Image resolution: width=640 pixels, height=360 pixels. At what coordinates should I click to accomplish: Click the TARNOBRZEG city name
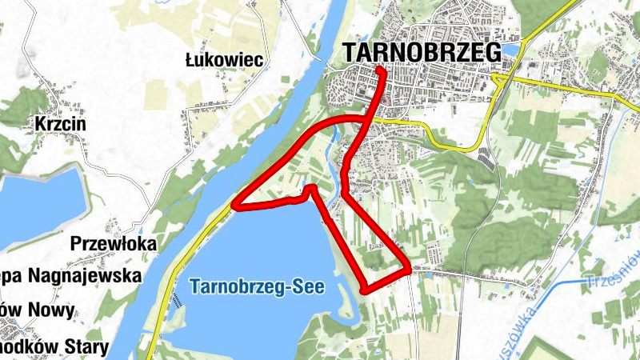422,51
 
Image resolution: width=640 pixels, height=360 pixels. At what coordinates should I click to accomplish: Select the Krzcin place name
60,125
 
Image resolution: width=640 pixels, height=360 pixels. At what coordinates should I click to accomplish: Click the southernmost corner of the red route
366,290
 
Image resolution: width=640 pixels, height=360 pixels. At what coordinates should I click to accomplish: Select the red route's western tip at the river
234,207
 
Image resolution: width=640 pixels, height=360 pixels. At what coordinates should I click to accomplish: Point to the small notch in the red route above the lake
310,189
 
